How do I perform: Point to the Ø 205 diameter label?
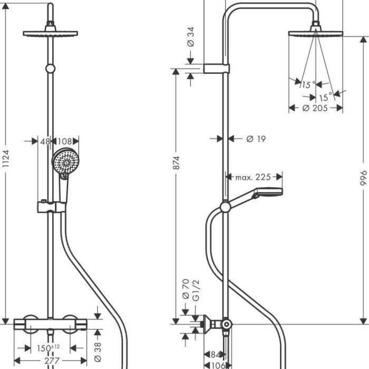[315, 108]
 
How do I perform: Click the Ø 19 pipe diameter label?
[256, 139]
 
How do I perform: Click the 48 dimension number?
[45, 141]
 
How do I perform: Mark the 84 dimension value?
[215, 354]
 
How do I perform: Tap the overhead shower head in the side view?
[315, 33]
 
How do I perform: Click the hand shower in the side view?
[258, 194]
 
